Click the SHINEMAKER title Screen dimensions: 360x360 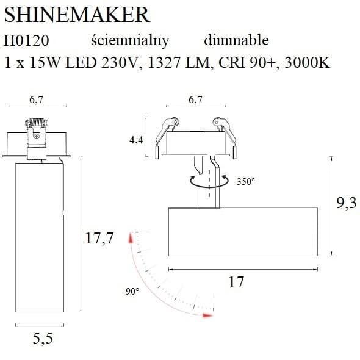77,15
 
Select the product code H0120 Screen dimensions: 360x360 26,41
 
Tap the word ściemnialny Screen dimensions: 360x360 129,41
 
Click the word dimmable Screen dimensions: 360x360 236,41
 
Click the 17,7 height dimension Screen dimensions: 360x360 99,239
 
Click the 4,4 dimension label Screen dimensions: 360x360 136,140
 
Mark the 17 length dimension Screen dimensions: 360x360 236,283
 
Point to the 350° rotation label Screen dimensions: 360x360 246,181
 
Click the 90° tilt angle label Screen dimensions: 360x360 132,292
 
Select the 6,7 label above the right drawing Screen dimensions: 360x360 195,100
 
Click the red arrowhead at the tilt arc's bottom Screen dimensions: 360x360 209,315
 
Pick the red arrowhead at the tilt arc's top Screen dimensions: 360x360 129,237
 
